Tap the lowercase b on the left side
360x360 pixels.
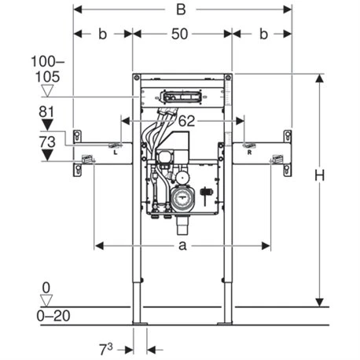pyautogui.click(x=103, y=35)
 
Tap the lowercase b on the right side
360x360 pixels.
pyautogui.click(x=262, y=35)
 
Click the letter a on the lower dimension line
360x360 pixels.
pyautogui.click(x=182, y=246)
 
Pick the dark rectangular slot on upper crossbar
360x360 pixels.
pyautogui.click(x=181, y=97)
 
